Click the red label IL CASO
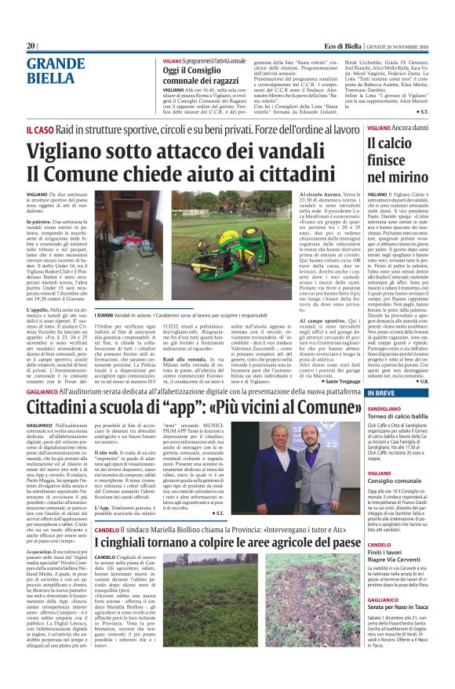[x=40, y=128]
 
